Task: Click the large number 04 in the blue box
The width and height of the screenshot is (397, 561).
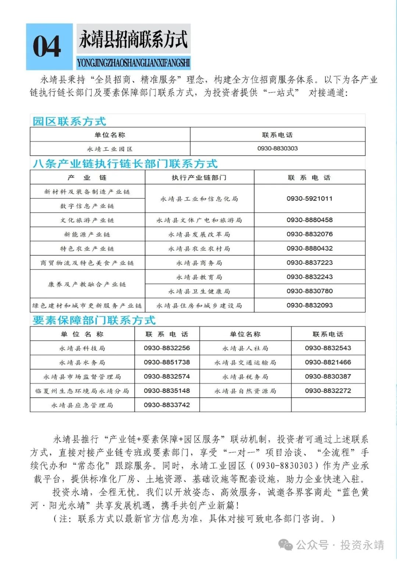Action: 47,47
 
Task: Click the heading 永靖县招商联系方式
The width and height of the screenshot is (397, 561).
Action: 133,39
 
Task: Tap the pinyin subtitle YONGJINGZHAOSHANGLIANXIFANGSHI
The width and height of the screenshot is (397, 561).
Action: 133,63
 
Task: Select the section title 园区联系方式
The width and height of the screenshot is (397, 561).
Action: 69,121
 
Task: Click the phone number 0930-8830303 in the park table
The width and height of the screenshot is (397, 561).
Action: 278,148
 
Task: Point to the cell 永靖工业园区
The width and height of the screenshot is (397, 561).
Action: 110,149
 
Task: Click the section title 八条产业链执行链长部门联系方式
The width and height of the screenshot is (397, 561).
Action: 125,163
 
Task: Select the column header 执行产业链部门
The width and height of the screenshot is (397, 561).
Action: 199,177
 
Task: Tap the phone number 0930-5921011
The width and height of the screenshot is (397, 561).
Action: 310,198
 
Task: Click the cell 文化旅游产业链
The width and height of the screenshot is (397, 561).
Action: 87,220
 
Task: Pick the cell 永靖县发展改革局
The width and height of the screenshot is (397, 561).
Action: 199,234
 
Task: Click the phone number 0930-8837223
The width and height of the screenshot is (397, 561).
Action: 310,263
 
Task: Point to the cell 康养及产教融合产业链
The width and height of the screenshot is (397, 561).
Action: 87,284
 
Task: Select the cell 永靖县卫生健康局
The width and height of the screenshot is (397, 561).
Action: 199,291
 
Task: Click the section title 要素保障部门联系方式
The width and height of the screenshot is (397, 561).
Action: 94,320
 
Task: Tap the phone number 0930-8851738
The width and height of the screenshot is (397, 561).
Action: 167,362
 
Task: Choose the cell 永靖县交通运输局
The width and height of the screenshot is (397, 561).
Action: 245,363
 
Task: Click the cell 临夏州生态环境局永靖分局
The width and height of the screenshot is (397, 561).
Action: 82,391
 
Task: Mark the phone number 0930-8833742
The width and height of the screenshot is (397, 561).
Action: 167,405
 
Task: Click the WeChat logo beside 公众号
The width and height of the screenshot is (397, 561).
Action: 286,545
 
